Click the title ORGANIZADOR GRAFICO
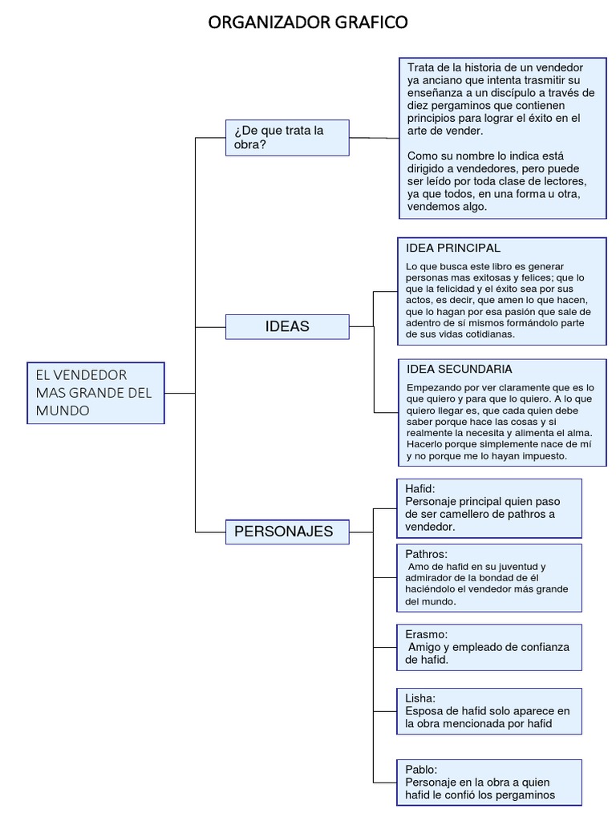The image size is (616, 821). click(x=308, y=22)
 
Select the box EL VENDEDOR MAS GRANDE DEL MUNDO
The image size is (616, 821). click(x=95, y=393)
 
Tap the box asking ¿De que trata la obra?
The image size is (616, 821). click(x=287, y=138)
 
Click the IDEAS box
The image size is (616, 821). click(x=287, y=326)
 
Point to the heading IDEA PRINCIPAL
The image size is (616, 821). click(x=453, y=248)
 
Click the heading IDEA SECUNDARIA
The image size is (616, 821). click(x=460, y=369)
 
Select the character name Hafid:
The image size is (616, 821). click(x=420, y=487)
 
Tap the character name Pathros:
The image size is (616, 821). click(x=427, y=554)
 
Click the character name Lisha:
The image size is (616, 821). click(x=420, y=698)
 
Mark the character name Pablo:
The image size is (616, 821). click(x=421, y=769)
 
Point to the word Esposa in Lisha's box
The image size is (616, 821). click(x=425, y=710)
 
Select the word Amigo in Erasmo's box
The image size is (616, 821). click(x=426, y=646)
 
